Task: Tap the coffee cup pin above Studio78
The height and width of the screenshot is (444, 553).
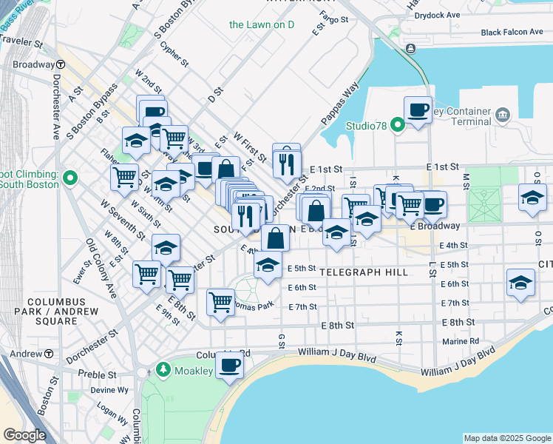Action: tap(418, 110)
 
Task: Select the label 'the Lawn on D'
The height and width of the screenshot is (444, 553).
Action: tap(262, 24)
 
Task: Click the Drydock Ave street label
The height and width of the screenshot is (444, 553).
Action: tap(458, 14)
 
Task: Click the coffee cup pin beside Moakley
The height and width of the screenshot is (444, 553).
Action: tap(229, 365)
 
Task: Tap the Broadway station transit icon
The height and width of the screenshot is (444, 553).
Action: tap(56, 65)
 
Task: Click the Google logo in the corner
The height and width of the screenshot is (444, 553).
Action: tap(24, 435)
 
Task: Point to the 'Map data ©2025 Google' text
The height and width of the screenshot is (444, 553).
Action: tap(506, 438)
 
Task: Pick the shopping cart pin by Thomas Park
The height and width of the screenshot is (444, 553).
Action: tap(220, 302)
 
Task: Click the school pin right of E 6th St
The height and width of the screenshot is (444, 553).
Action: tap(520, 283)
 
